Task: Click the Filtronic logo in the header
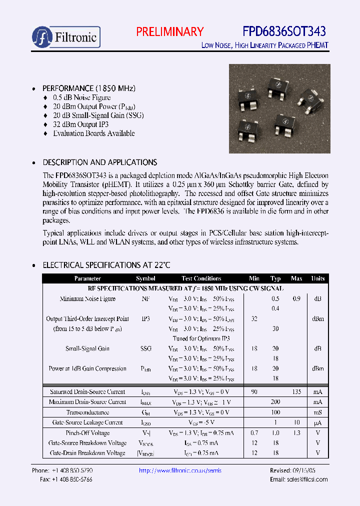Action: pyautogui.click(x=66, y=37)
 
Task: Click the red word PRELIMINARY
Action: pyautogui.click(x=170, y=32)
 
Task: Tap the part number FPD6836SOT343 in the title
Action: pyautogui.click(x=284, y=32)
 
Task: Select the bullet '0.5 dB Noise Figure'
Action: pyautogui.click(x=81, y=97)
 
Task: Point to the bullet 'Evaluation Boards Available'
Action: pyautogui.click(x=93, y=133)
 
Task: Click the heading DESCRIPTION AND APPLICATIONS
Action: pyautogui.click(x=100, y=162)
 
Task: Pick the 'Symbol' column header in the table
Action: pyautogui.click(x=145, y=278)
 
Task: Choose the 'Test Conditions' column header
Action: pyautogui.click(x=201, y=278)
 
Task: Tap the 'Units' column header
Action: pyautogui.click(x=317, y=278)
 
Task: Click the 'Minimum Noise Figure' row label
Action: pyautogui.click(x=87, y=299)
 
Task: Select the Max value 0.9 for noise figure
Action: pyautogui.click(x=296, y=299)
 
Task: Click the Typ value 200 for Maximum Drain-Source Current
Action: pyautogui.click(x=275, y=402)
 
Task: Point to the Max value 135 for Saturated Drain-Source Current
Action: pyautogui.click(x=296, y=392)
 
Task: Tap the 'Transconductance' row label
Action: pyautogui.click(x=87, y=412)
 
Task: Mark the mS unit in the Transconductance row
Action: pyautogui.click(x=317, y=412)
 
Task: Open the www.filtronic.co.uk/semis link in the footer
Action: pyautogui.click(x=180, y=471)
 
